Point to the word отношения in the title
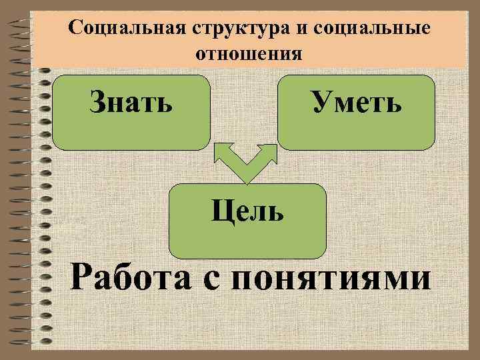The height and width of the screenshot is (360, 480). [x=249, y=53]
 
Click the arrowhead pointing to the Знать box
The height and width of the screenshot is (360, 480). [x=221, y=153]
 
